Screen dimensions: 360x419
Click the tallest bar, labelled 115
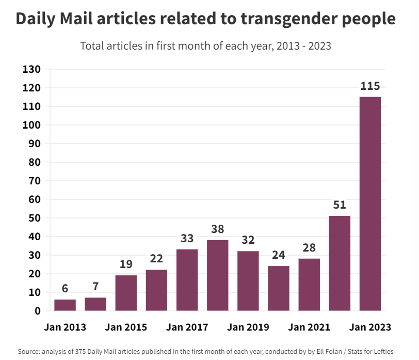click(370, 204)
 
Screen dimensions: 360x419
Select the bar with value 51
click(340, 263)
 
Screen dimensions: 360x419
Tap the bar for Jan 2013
click(65, 305)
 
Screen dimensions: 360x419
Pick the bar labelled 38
click(217, 275)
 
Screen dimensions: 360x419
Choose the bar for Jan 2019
click(248, 280)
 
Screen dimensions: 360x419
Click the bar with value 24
click(279, 288)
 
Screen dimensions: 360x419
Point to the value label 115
click(370, 86)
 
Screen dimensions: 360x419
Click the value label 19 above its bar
click(126, 264)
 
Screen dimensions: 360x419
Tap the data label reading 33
click(187, 239)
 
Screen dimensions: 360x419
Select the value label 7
click(95, 287)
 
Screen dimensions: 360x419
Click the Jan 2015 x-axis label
click(126, 327)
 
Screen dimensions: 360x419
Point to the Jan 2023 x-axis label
click(370, 327)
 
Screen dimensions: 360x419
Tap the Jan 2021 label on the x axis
click(309, 327)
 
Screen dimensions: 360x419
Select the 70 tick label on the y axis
click(35, 181)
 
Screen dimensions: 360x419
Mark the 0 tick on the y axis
click(38, 311)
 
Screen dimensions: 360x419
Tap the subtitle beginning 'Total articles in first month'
click(205, 45)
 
